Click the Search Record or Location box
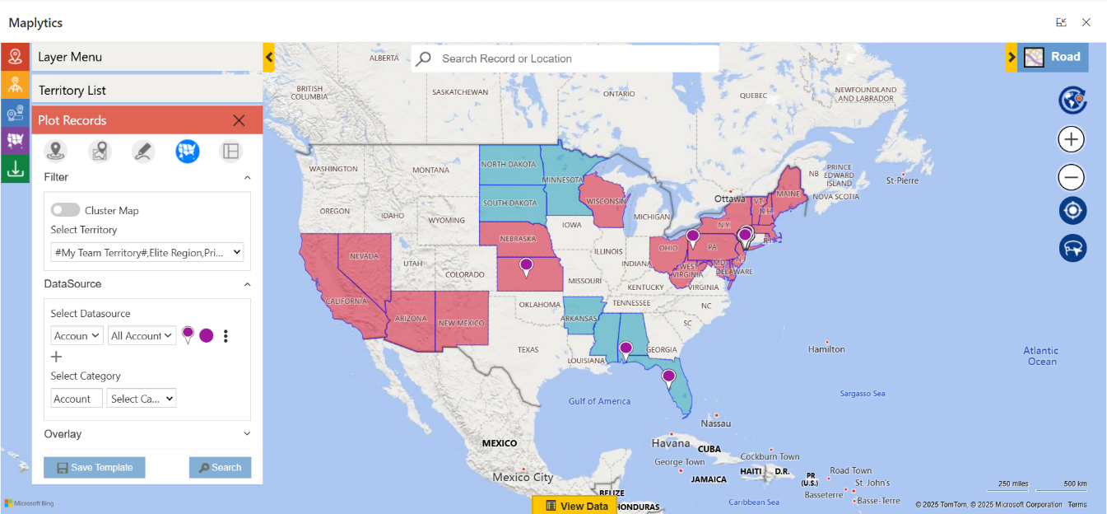pyautogui.click(x=565, y=58)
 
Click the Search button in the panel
pyautogui.click(x=220, y=467)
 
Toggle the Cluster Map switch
pyautogui.click(x=66, y=210)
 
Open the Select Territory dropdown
pyautogui.click(x=147, y=252)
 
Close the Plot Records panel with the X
pyautogui.click(x=239, y=120)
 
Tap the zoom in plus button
pyautogui.click(x=1071, y=139)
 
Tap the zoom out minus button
pyautogui.click(x=1071, y=177)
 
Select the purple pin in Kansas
pyautogui.click(x=526, y=266)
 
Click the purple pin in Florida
pyautogui.click(x=668, y=378)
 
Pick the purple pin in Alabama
pyautogui.click(x=626, y=349)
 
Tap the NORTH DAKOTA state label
pyautogui.click(x=509, y=164)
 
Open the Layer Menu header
pyautogui.click(x=70, y=57)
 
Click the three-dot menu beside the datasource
pyautogui.click(x=226, y=336)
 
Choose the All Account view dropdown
pyautogui.click(x=142, y=335)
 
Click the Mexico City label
pyautogui.click(x=523, y=477)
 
